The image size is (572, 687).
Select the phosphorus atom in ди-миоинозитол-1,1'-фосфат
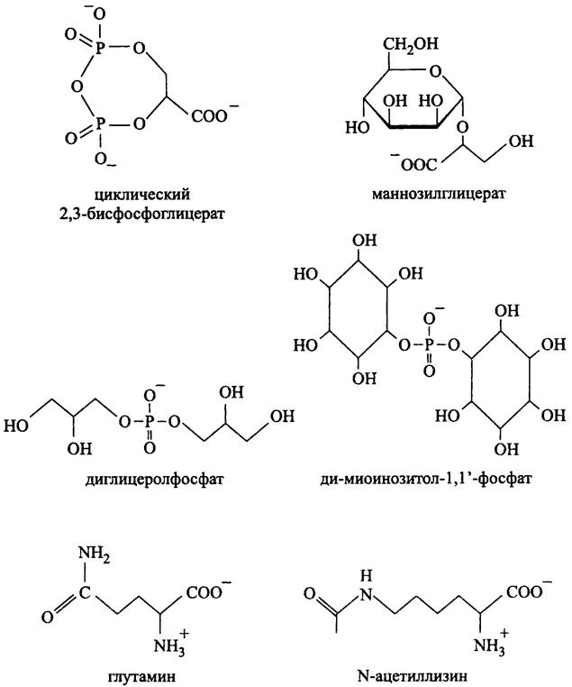430,343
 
